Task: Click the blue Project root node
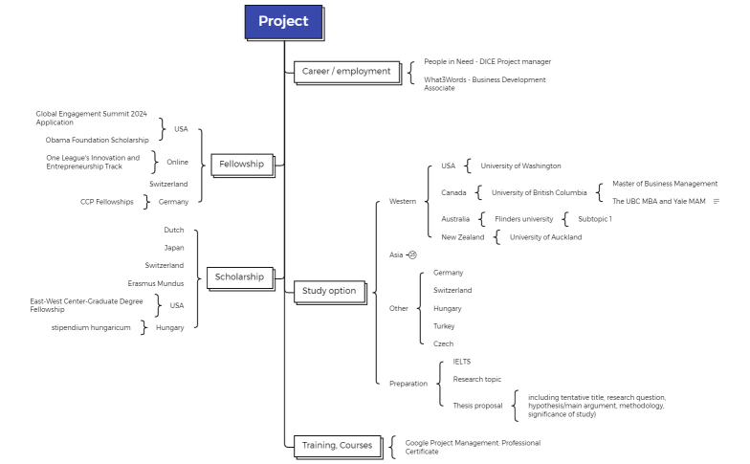coord(283,21)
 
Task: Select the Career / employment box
coord(346,71)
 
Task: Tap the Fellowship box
coord(241,164)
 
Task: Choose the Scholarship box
coord(239,276)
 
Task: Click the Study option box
coord(329,291)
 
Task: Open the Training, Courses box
coord(337,445)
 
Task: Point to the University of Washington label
coord(520,166)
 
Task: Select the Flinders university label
coord(523,219)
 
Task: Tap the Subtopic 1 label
coord(594,219)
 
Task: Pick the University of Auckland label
coord(545,237)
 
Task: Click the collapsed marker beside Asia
coord(412,254)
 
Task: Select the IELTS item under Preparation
coord(461,362)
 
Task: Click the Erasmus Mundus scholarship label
coord(155,283)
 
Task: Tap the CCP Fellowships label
coord(107,202)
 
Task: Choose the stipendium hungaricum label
coord(91,327)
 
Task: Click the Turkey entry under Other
coord(444,326)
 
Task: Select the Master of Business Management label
coord(664,184)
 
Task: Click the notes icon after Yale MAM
coord(717,201)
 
